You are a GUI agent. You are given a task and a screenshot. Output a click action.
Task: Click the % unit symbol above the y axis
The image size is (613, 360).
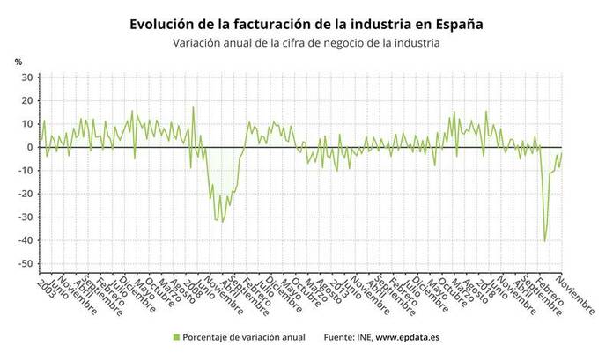tap(18, 61)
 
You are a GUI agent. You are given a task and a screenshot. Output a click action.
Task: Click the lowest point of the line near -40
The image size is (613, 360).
tap(545, 241)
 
